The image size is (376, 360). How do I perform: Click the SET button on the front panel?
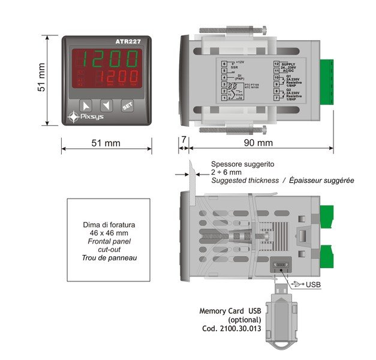coord(127,107)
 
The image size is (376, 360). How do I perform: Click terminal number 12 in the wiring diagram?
coord(276,63)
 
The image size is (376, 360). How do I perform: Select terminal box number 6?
coord(224,63)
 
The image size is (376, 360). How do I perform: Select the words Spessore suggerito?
coord(242,164)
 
